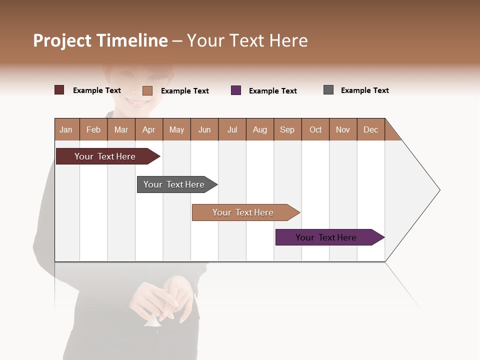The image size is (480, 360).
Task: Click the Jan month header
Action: [66, 129]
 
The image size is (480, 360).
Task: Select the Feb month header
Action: [93, 129]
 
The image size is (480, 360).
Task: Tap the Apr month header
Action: [149, 129]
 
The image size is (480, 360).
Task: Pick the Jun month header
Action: [204, 129]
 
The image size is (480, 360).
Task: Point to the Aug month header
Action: [260, 129]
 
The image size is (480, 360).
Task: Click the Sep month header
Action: [287, 129]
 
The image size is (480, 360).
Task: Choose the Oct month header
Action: [315, 129]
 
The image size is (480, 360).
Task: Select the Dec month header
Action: [371, 129]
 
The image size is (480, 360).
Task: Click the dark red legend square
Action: [59, 90]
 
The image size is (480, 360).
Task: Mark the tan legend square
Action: [147, 90]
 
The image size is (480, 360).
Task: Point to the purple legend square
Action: [236, 90]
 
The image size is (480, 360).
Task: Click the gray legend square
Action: [328, 90]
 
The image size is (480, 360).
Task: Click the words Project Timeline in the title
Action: [100, 40]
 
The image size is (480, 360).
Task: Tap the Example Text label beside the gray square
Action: [364, 90]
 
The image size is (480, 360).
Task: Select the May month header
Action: [176, 129]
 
